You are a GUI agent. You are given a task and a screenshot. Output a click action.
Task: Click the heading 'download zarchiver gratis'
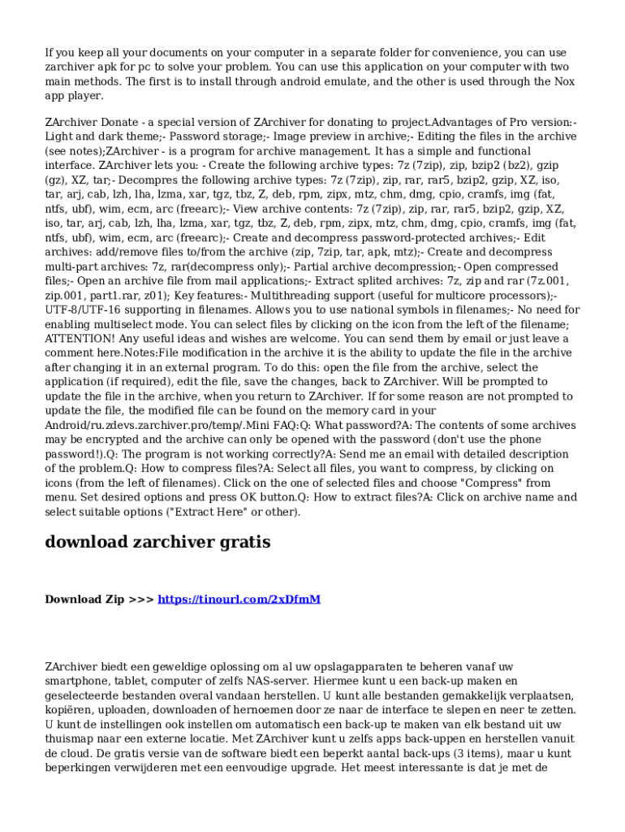coord(157,542)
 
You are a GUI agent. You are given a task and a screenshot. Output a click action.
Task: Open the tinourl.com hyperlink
coord(239,600)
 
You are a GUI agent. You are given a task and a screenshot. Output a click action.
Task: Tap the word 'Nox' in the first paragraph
coord(562,81)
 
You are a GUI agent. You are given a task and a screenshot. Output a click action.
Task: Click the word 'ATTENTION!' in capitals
coord(75,338)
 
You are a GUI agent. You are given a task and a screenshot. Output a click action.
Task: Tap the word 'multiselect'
coord(123,323)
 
